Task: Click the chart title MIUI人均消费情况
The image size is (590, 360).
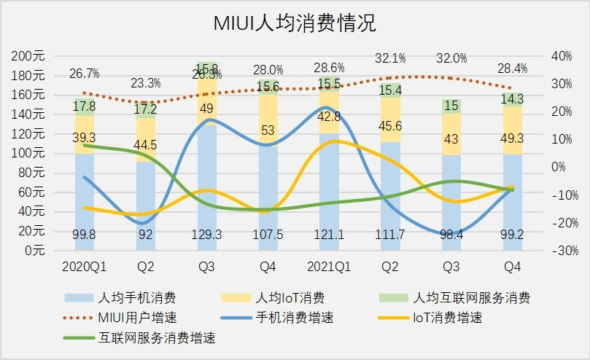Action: point(295,23)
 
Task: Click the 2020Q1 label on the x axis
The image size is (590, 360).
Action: point(86,267)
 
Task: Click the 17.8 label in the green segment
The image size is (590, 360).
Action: point(85,106)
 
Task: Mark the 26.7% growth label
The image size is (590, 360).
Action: point(85,74)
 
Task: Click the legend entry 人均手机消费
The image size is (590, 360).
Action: point(136,297)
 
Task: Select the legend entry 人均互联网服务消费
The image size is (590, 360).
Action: point(471,297)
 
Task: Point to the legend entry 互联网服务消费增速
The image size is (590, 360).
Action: point(157,338)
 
